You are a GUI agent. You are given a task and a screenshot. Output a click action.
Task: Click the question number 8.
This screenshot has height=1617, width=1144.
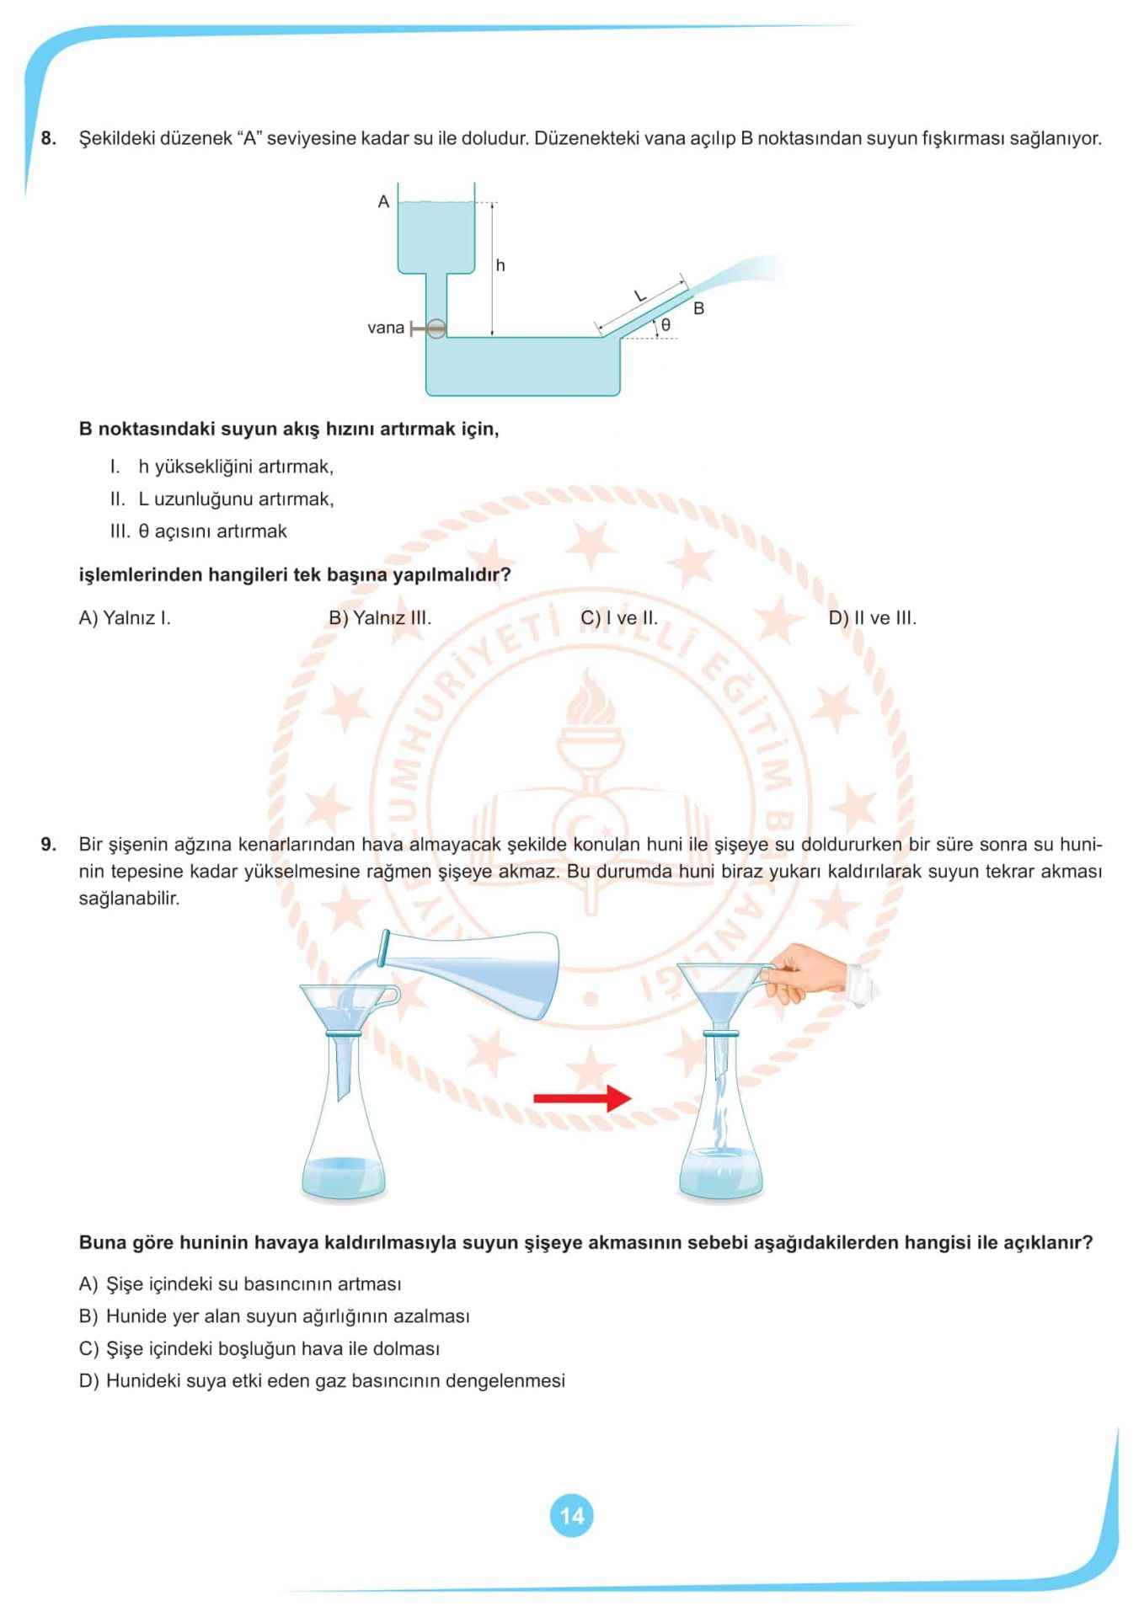(48, 139)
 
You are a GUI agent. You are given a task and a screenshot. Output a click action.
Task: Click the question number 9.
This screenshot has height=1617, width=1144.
(48, 844)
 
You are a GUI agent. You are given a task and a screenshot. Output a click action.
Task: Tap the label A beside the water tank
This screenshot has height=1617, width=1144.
(383, 202)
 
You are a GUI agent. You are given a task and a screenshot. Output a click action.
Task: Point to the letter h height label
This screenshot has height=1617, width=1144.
(500, 266)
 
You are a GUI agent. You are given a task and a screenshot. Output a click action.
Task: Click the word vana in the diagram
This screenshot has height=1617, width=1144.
(385, 328)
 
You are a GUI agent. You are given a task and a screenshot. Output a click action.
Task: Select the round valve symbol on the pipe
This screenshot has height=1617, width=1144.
(436, 328)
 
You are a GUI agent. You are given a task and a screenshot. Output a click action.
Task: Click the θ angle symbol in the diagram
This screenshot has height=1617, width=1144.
(666, 324)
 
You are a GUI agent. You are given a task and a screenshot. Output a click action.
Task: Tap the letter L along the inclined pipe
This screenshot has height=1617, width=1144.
(639, 296)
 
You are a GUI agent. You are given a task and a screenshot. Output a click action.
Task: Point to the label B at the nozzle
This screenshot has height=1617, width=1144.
(698, 309)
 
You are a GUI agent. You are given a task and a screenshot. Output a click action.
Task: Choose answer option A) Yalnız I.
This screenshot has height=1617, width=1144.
(125, 618)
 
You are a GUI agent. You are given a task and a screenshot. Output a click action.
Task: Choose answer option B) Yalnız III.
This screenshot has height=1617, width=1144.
(380, 618)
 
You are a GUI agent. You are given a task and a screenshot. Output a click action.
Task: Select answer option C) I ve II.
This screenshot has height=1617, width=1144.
(619, 618)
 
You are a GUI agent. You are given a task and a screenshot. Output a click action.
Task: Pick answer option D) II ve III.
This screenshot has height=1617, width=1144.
(872, 618)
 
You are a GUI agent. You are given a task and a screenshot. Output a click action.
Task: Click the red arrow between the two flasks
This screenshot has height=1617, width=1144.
(582, 1098)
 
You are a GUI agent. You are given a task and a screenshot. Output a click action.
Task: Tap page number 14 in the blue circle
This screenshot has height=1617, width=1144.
(571, 1516)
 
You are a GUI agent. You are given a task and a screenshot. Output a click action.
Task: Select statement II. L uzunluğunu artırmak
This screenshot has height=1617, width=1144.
(222, 499)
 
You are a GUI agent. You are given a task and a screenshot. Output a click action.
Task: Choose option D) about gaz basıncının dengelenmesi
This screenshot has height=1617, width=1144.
(322, 1381)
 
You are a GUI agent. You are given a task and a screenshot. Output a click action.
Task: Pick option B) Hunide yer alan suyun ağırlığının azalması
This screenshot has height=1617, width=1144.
(275, 1316)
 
